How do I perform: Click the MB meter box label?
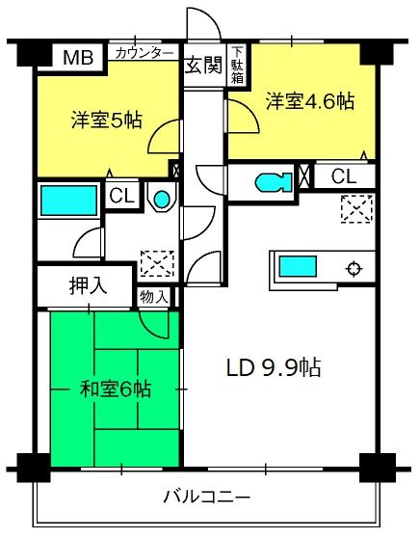tap(78, 57)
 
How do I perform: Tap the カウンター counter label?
tap(144, 53)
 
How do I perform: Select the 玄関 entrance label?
tap(203, 66)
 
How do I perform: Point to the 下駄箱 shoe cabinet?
tap(237, 66)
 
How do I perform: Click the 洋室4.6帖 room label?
tap(310, 101)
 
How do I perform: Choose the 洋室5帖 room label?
tap(107, 120)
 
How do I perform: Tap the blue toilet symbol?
tap(274, 181)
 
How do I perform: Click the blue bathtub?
tap(69, 201)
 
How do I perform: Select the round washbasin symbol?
tap(162, 199)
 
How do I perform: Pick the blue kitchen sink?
tap(298, 267)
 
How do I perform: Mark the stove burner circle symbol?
tap(354, 268)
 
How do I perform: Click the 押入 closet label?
tap(88, 285)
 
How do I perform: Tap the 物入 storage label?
tap(154, 296)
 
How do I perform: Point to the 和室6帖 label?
tap(116, 390)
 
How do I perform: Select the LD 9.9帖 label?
tap(274, 367)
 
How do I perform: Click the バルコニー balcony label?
tap(207, 497)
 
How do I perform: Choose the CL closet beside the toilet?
tap(344, 176)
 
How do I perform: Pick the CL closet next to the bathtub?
tap(121, 196)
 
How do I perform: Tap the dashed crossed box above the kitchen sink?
tap(357, 209)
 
